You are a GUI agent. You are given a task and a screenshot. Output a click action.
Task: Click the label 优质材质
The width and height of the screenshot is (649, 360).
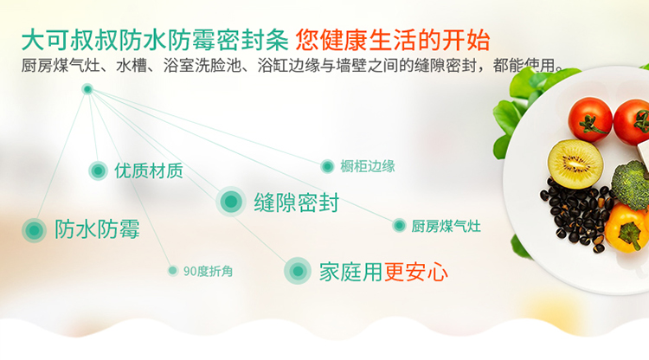(149, 170)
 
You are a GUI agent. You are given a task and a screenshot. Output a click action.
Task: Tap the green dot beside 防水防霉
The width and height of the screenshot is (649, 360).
(34, 230)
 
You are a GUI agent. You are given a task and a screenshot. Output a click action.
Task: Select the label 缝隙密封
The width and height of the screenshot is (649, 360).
(296, 202)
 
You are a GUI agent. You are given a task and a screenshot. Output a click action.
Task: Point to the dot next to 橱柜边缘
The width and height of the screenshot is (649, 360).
(327, 166)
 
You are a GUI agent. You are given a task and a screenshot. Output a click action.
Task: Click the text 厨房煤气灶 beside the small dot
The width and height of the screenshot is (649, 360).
(446, 226)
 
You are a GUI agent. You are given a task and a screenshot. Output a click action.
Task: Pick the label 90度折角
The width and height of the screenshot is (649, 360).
(208, 271)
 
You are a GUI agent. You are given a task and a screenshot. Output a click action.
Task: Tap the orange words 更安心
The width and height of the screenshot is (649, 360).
(415, 272)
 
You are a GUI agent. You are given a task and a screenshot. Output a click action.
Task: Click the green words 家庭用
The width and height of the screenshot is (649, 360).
(351, 272)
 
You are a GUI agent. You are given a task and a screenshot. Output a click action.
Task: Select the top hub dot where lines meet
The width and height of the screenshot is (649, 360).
(87, 89)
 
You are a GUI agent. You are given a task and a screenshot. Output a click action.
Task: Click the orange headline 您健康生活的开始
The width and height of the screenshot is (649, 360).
(393, 40)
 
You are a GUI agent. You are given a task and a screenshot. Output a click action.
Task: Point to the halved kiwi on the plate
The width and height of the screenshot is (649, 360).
(575, 164)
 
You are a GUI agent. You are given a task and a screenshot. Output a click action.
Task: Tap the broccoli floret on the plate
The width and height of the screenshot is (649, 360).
(631, 185)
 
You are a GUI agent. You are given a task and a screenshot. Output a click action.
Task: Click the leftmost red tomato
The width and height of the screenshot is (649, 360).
(590, 119)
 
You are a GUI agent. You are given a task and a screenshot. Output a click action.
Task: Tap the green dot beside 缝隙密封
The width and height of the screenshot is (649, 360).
(231, 202)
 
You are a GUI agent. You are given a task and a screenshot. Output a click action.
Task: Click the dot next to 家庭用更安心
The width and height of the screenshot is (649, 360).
(297, 271)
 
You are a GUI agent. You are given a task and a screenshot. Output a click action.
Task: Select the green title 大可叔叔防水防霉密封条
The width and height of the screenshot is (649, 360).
(155, 40)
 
